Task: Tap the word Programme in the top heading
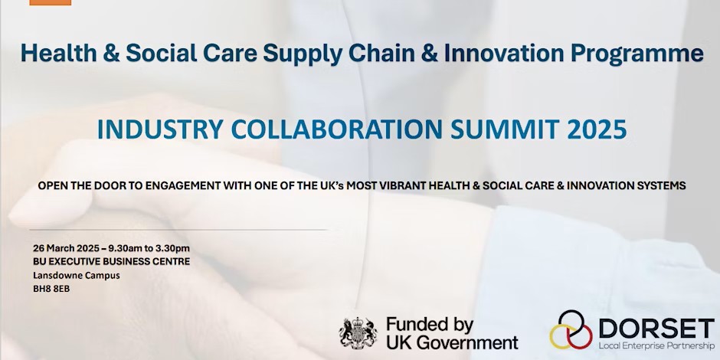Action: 637,54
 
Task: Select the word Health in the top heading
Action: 59,54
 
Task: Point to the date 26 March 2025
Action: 66,248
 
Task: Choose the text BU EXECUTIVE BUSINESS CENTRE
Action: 112,262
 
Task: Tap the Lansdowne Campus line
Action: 77,276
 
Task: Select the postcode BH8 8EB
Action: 51,290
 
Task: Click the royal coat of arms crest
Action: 358,333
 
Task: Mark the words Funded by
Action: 430,326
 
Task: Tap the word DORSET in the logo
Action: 656,329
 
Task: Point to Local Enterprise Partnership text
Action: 656,345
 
